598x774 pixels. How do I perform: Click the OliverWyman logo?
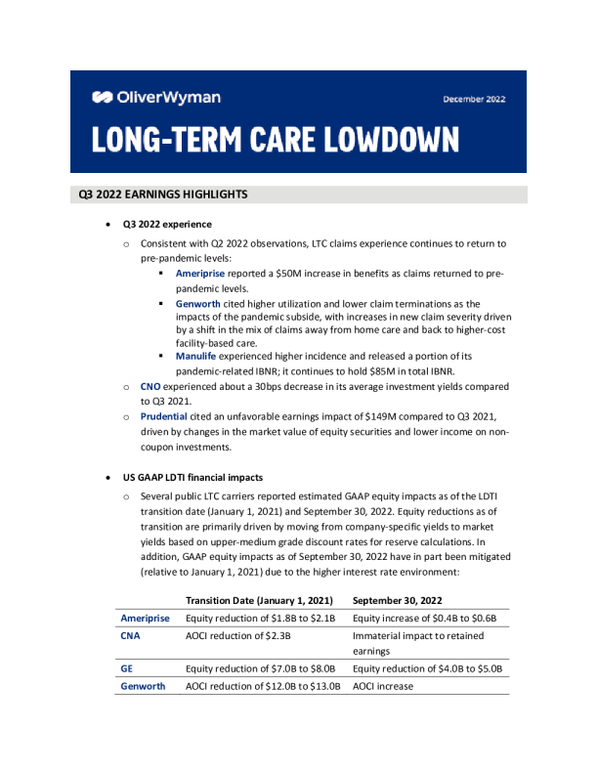pyautogui.click(x=156, y=97)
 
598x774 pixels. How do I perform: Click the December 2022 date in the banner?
pyautogui.click(x=475, y=99)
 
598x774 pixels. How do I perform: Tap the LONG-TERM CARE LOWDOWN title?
pyautogui.click(x=276, y=139)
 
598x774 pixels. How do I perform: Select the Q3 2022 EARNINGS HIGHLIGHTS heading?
pyautogui.click(x=163, y=194)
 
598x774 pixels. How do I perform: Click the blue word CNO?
pyautogui.click(x=150, y=388)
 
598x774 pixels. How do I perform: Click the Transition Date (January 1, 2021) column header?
pyautogui.click(x=260, y=599)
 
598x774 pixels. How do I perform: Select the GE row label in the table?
pyautogui.click(x=127, y=668)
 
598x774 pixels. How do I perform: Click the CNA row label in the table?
pyautogui.click(x=131, y=635)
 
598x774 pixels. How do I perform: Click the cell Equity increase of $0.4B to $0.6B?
pyautogui.click(x=425, y=618)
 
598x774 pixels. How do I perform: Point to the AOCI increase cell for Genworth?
pyautogui.click(x=383, y=686)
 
